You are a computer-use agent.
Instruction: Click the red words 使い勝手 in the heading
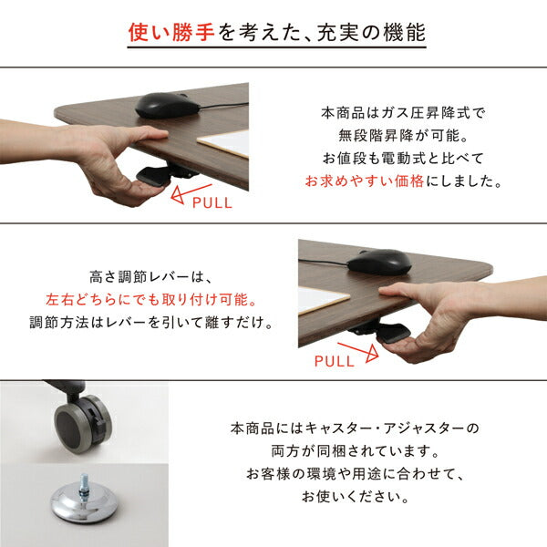173,34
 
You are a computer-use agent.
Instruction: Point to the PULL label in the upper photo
212,202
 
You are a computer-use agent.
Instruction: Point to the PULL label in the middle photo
334,360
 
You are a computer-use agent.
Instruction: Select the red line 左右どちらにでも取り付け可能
150,299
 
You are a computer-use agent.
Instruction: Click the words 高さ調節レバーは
150,276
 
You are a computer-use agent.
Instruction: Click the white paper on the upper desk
223,143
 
